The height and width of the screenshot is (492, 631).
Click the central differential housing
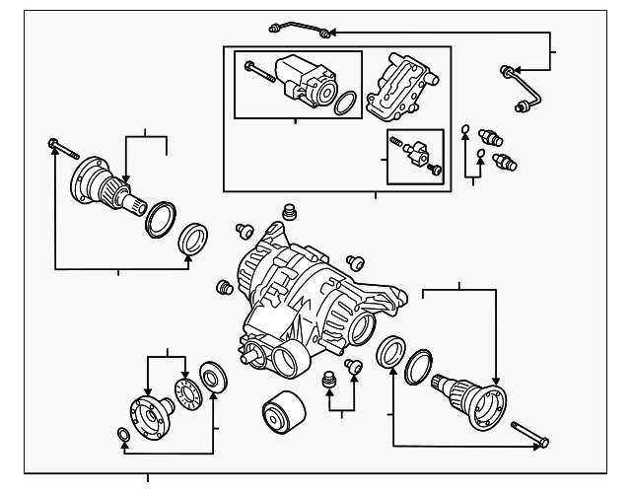[x=306, y=296]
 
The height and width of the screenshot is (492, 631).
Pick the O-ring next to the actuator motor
[x=344, y=105]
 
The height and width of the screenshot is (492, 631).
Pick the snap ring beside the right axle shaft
[x=418, y=364]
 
